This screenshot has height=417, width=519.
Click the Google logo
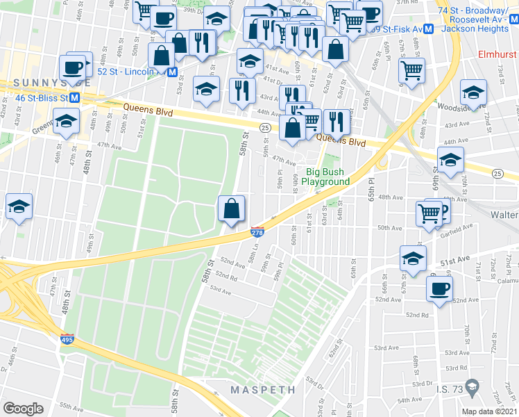click(23, 408)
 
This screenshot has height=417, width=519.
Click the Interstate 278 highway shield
click(257, 234)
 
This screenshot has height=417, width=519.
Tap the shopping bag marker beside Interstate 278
click(231, 208)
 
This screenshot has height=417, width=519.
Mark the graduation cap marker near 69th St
click(450, 161)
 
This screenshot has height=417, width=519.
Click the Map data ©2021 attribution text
click(488, 411)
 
